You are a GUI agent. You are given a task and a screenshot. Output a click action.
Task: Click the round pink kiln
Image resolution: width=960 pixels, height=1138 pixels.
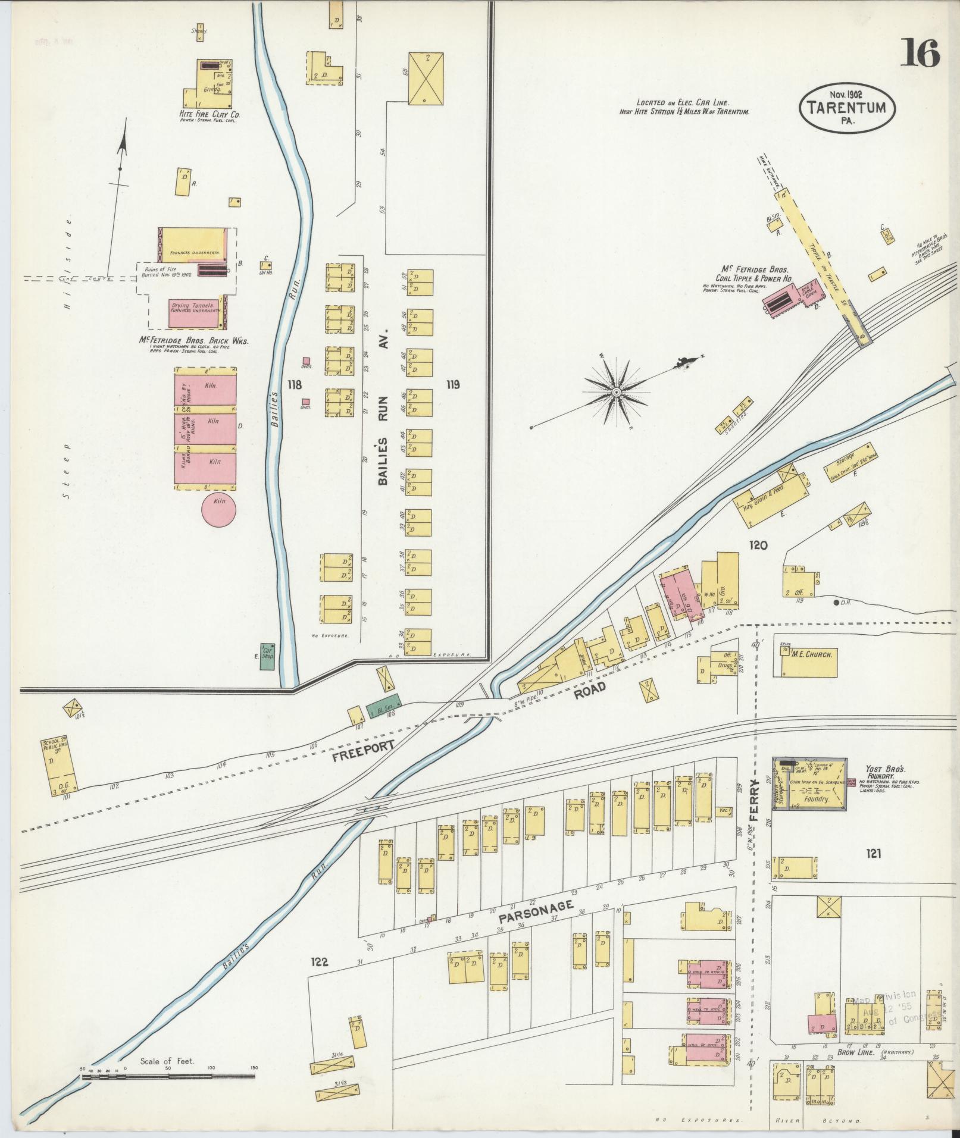click(218, 510)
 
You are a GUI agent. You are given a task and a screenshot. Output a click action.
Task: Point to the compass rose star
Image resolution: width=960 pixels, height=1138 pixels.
click(617, 393)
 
